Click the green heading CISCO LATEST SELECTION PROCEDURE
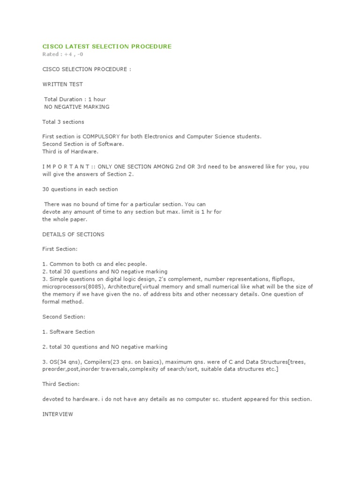coord(107,46)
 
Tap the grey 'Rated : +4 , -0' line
coord(63,54)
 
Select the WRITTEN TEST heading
coord(62,84)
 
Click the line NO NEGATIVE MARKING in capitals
coord(76,107)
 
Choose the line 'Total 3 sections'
coord(63,122)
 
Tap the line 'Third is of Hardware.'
coord(70,152)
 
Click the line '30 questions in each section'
coord(80,189)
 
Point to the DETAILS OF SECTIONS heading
coord(73,234)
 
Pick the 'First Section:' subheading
coord(60,249)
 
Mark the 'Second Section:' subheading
coord(64,317)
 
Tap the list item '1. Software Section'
coord(68,332)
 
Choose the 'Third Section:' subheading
coord(61,384)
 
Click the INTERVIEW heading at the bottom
coord(58,414)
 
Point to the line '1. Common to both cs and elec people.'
coord(95,264)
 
